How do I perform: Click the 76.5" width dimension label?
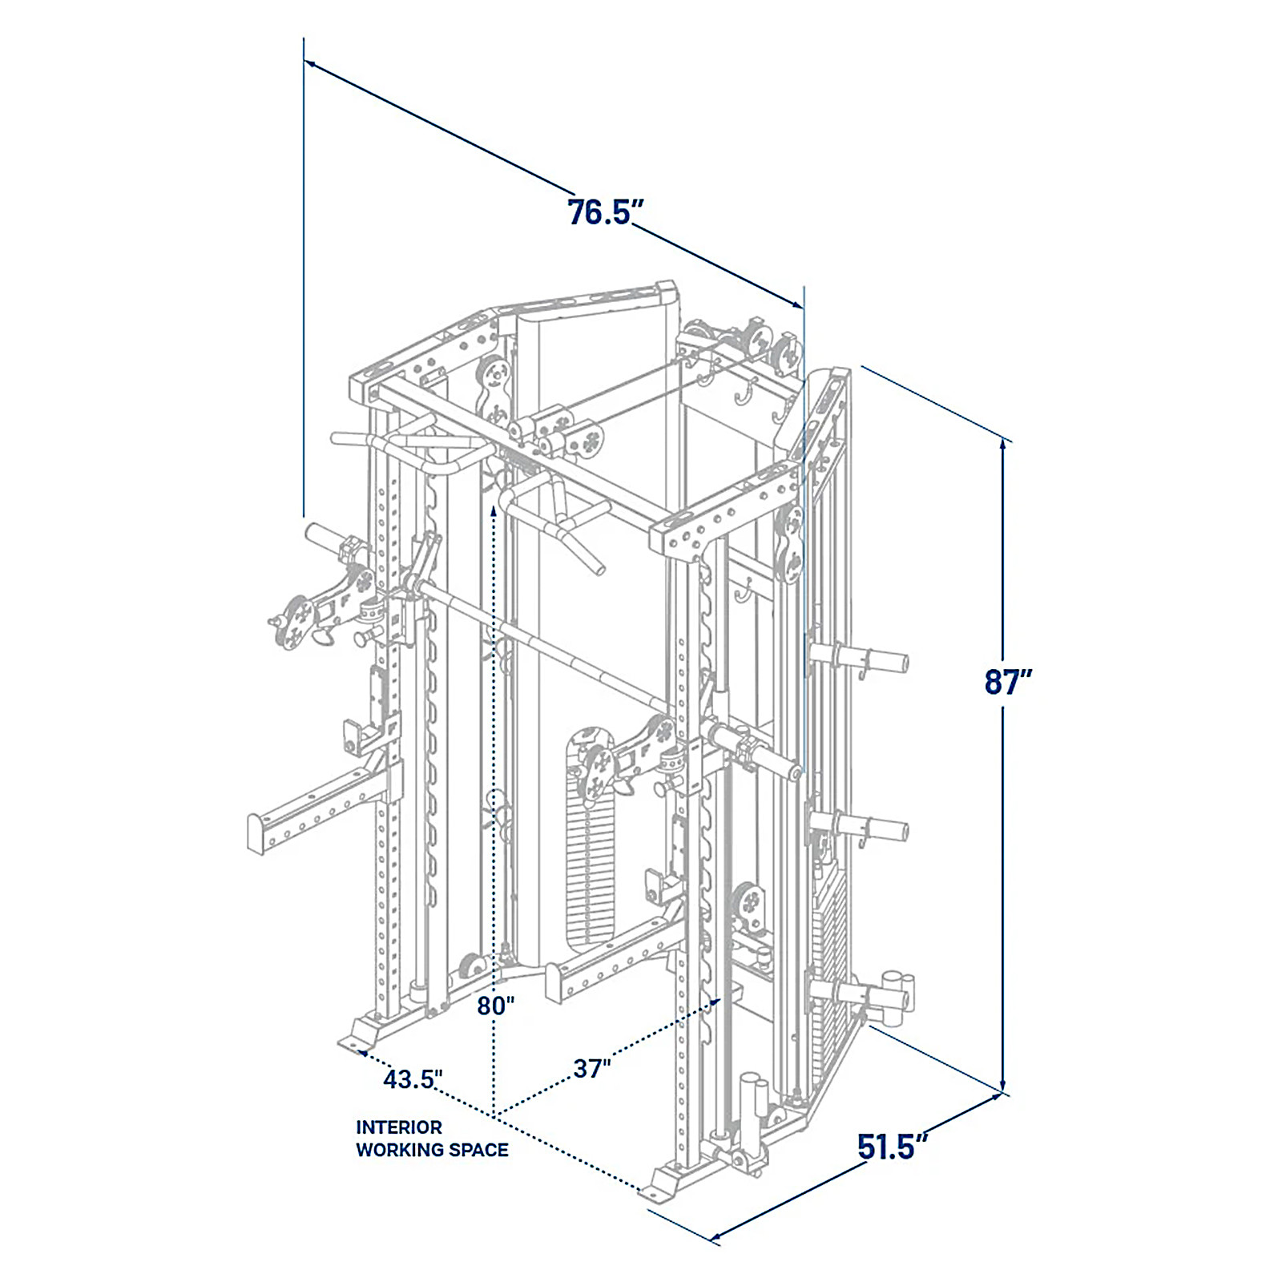606,212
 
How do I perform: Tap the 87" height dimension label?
1008,682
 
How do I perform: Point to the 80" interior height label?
495,1006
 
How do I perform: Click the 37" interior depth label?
592,1068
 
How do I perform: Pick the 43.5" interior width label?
413,1079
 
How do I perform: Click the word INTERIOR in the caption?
399,1127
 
